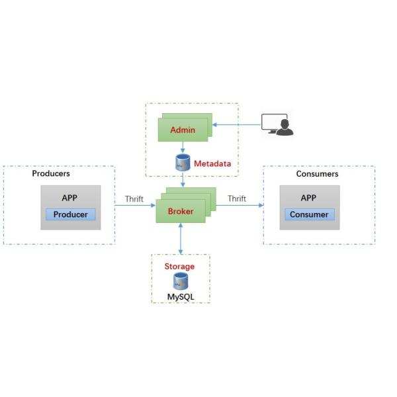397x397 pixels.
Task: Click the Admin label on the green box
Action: [x=183, y=130]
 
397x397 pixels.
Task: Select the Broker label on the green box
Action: [x=181, y=211]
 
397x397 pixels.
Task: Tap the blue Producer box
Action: [x=71, y=214]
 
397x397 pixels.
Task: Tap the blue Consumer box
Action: [x=309, y=214]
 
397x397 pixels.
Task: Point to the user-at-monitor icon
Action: [x=277, y=124]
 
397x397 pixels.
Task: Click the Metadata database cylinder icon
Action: [x=182, y=163]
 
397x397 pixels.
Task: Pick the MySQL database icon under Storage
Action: [x=180, y=281]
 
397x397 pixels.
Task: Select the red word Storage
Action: [x=179, y=266]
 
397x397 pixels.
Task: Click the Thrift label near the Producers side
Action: [x=134, y=198]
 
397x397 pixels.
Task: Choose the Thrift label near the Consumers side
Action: [x=237, y=198]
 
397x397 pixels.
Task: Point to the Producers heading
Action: [x=51, y=174]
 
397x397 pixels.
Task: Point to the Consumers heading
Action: [x=317, y=174]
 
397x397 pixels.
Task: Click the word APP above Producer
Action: [x=70, y=198]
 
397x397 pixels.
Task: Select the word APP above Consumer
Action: [x=308, y=198]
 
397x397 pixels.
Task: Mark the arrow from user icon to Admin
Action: [x=236, y=124]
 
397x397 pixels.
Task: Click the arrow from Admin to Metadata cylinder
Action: [x=182, y=148]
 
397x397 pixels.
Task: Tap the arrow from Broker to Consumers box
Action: [x=238, y=205]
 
